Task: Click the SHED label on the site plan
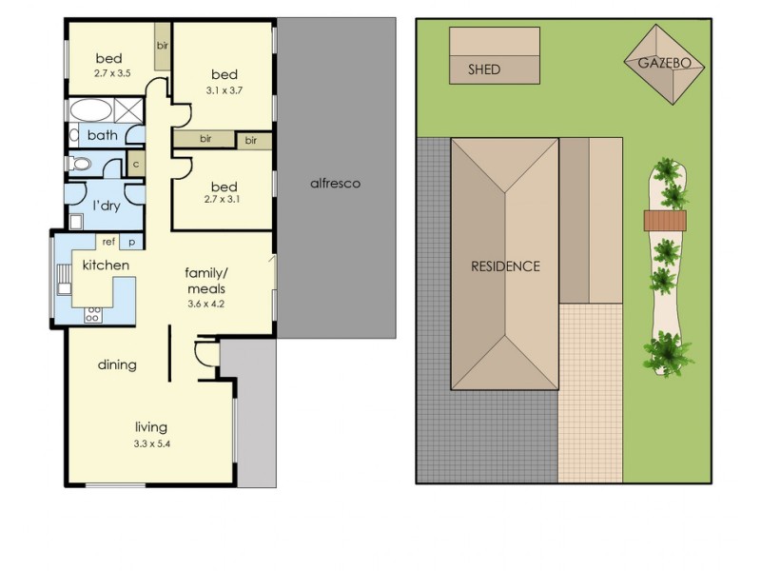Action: [x=484, y=69]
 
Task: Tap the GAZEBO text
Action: [x=664, y=63]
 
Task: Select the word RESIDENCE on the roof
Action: [x=505, y=266]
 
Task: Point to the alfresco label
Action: [x=336, y=184]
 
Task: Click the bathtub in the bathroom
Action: [x=91, y=110]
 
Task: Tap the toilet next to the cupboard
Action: [x=80, y=164]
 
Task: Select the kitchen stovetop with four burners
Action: [x=93, y=315]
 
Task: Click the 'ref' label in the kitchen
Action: [x=108, y=242]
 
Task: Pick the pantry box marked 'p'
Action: [x=131, y=242]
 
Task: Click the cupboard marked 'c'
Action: [x=136, y=164]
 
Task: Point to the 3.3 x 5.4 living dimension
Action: [x=152, y=443]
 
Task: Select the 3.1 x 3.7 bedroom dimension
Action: [x=224, y=90]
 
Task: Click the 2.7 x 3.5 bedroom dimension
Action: [x=112, y=73]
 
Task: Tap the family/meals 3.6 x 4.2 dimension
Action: [x=205, y=305]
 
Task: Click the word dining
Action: [x=117, y=365]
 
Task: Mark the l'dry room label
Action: [x=107, y=206]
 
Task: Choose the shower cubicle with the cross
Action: [x=128, y=110]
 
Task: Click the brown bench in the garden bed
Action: [x=665, y=221]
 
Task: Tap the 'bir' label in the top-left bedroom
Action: [x=162, y=46]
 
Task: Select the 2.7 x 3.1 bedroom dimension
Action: [x=223, y=199]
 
